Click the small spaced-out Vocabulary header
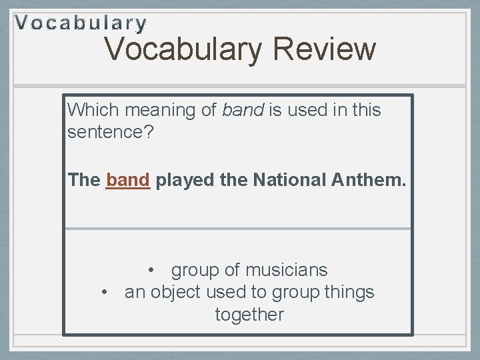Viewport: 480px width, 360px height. (81, 24)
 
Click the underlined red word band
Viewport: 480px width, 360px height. (128, 180)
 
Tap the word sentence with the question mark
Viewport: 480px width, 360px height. (111, 132)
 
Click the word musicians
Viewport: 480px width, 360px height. (287, 270)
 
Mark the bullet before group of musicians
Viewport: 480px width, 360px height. (153, 270)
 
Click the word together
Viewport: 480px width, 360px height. (249, 315)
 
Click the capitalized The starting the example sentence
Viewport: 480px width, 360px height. (84, 180)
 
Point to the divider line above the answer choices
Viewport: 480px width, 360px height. (238, 229)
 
